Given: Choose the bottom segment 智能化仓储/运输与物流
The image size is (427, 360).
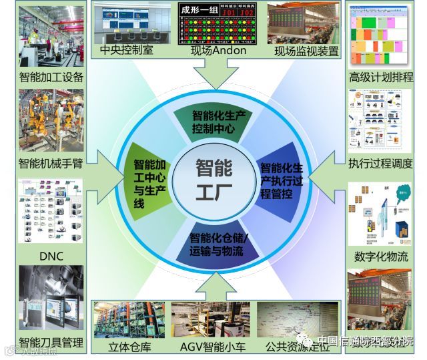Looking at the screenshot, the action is [216, 244].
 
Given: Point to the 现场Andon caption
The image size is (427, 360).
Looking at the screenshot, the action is [218, 50].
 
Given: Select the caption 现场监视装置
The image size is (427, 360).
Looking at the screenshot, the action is [306, 51].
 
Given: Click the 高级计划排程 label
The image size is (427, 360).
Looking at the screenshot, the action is [381, 77].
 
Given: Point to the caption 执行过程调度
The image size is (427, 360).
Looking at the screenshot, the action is [381, 164].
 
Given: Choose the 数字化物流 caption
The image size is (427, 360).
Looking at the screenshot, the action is [381, 256].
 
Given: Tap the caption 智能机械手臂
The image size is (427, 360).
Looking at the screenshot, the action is [51, 164].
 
